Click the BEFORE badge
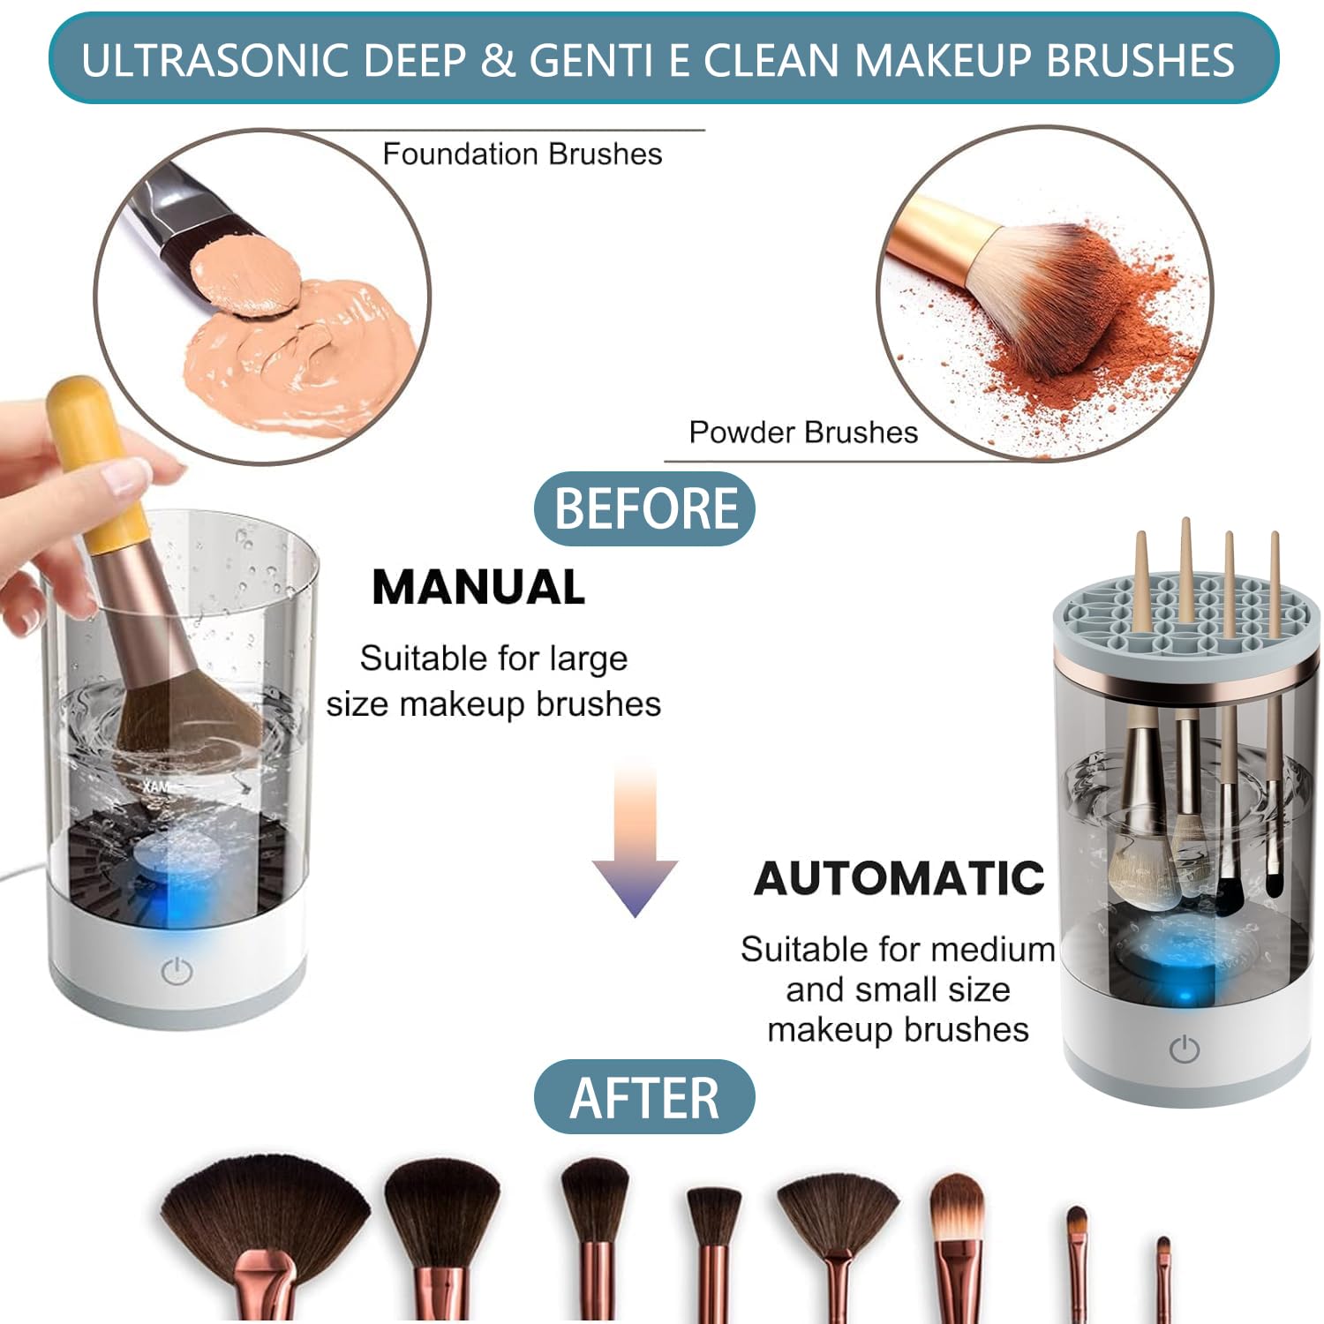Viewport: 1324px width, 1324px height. (644, 508)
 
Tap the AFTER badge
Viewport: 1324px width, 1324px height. (644, 1097)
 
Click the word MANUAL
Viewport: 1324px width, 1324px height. (478, 587)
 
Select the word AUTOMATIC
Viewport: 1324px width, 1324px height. (899, 878)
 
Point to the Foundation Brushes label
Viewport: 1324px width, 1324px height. (523, 154)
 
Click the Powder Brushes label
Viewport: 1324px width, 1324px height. (803, 433)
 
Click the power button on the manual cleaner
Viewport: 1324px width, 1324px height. (177, 972)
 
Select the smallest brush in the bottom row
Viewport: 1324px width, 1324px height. (1163, 1280)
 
